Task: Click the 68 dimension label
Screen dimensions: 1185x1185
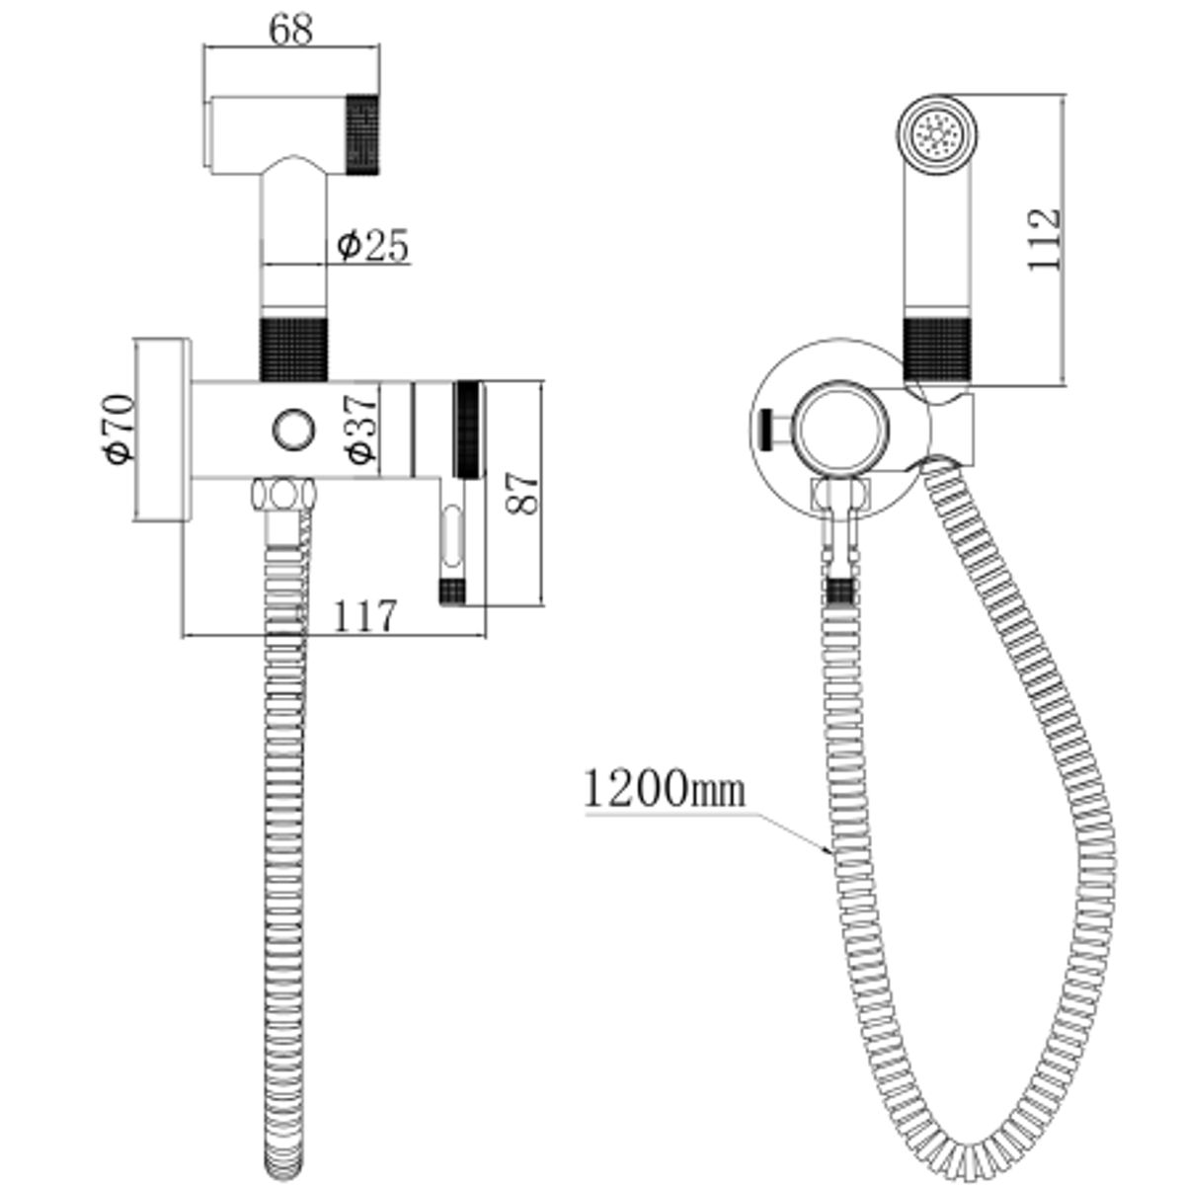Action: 291,30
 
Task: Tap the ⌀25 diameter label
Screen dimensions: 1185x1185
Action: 372,245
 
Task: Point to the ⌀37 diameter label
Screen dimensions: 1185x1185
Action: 360,428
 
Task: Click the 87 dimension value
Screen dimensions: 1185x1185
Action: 521,493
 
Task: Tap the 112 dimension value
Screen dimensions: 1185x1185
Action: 1044,239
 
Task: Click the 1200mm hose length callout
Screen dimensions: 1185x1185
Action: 664,789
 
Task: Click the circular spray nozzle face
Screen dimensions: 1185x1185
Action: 936,135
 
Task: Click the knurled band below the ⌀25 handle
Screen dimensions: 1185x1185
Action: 293,349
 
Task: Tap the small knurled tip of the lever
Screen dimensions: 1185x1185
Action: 452,592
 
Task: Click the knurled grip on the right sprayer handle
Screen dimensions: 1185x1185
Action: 937,348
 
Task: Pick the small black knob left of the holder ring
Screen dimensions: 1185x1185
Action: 767,430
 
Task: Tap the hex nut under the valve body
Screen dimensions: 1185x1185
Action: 283,495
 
